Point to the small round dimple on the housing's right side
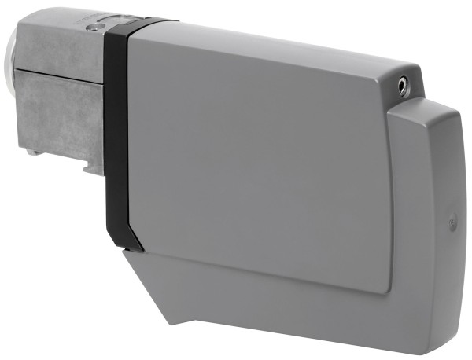[x=452, y=224]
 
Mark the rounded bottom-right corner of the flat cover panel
[x=385, y=288]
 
